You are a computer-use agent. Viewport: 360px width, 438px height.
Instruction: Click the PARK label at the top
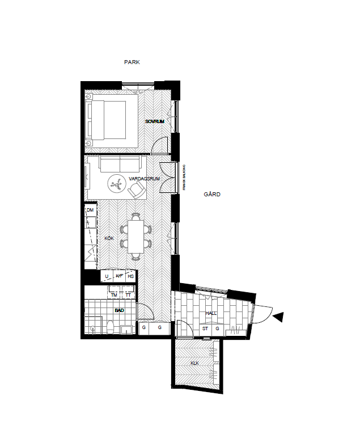pos(132,62)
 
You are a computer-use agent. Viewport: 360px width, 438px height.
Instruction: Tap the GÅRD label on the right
pos(212,195)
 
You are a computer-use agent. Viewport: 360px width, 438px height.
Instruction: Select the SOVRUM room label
pos(154,122)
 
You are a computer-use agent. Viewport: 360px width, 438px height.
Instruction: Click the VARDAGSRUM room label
pos(144,179)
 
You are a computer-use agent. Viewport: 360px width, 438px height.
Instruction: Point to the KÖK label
pos(109,239)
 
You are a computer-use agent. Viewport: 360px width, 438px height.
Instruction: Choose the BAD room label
pos(119,310)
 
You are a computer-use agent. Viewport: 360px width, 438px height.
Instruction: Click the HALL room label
pos(211,313)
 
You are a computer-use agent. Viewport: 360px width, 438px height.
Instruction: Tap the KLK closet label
pos(195,363)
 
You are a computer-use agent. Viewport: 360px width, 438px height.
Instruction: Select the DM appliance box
pos(90,210)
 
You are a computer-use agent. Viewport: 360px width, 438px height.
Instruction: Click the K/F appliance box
pos(119,276)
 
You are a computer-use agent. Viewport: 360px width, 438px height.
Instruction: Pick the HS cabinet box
pos(131,276)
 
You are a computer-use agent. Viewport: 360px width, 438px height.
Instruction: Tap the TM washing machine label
pos(115,296)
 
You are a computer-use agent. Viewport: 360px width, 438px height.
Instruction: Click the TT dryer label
pos(128,296)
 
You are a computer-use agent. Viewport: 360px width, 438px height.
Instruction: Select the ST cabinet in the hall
pos(205,328)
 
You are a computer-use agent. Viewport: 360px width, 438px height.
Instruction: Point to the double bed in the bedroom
pos(107,120)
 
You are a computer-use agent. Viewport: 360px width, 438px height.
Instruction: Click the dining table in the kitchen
pos(136,236)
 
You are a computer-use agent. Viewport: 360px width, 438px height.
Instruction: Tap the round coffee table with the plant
pos(117,183)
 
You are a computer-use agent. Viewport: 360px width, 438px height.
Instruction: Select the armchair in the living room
pos(136,191)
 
